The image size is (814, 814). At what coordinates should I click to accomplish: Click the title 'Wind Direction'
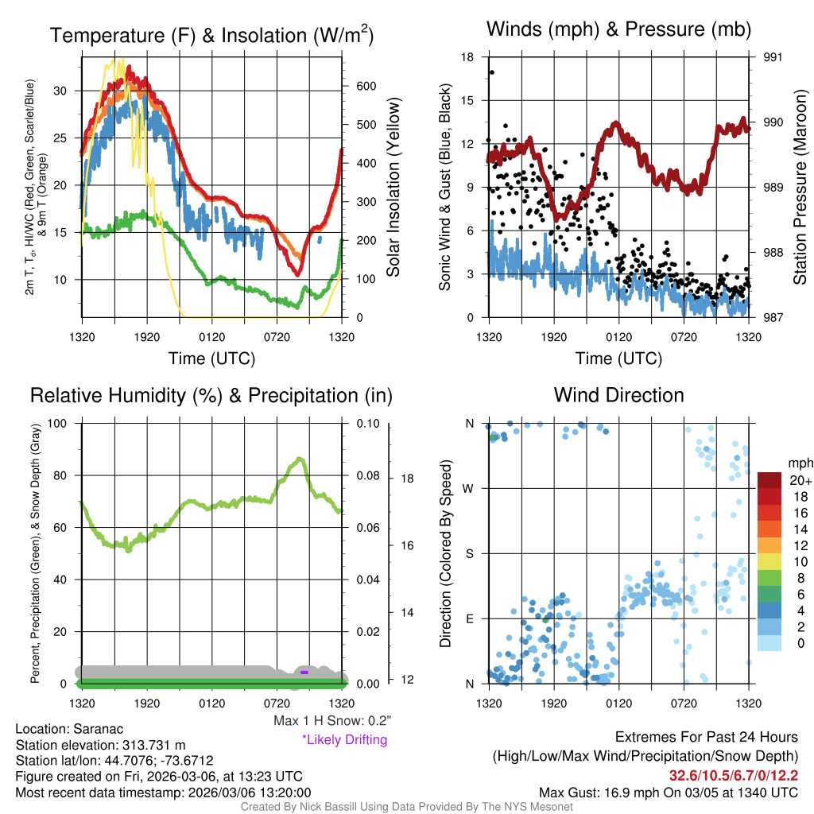[x=618, y=395]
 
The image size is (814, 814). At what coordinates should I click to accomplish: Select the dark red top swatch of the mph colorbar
[x=770, y=480]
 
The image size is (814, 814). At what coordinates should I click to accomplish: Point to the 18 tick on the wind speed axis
[x=468, y=57]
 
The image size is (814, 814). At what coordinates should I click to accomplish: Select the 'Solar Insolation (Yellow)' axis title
[x=393, y=188]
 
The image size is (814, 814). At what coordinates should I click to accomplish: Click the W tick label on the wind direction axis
[x=469, y=488]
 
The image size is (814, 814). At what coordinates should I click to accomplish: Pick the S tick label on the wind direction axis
[x=469, y=553]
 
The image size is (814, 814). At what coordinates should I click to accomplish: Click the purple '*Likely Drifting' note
[x=344, y=740]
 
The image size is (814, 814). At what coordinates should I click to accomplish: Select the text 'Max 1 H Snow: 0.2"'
[x=331, y=721]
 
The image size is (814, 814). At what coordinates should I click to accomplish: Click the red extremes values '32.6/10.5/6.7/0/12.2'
[x=733, y=775]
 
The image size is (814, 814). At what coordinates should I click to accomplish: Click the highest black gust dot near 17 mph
[x=492, y=72]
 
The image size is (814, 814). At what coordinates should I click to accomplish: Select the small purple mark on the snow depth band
[x=304, y=673]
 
